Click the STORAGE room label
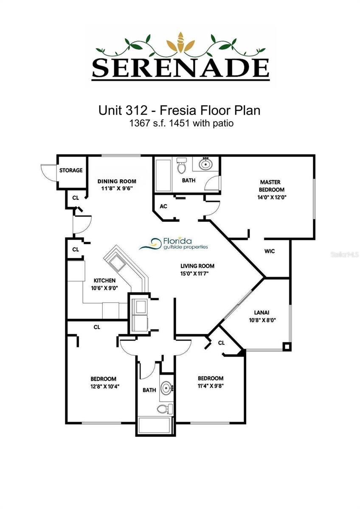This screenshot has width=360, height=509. click(x=71, y=170)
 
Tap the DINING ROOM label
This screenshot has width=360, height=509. click(x=117, y=182)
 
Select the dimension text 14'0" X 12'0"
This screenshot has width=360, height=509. click(x=272, y=197)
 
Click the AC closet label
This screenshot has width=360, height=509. click(x=163, y=206)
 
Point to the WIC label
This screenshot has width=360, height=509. click(x=270, y=251)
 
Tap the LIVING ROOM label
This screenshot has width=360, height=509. click(x=197, y=266)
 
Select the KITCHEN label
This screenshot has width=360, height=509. click(x=104, y=280)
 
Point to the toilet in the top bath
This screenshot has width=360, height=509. click(x=181, y=166)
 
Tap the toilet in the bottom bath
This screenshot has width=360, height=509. click(x=166, y=408)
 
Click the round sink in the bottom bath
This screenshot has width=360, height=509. click(x=166, y=387)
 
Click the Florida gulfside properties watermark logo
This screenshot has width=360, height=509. click(x=174, y=244)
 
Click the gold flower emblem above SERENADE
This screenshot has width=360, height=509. click(x=181, y=43)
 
